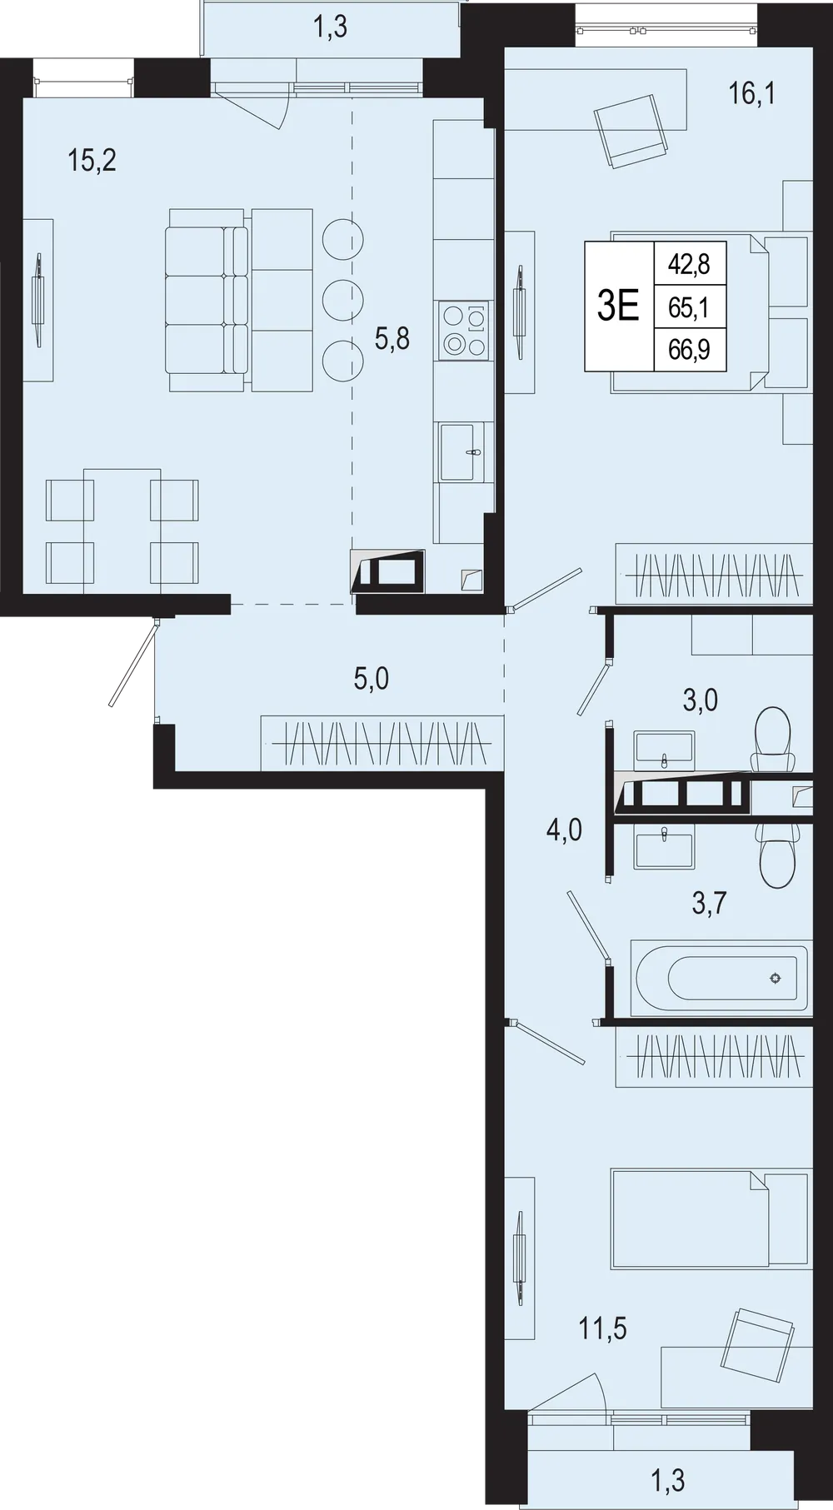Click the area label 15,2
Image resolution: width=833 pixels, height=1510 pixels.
pyautogui.click(x=92, y=160)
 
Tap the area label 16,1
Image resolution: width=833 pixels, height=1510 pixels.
pyautogui.click(x=751, y=95)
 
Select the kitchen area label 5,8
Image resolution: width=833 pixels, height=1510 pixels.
pyautogui.click(x=392, y=339)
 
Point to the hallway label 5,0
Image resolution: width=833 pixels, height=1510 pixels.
pyautogui.click(x=371, y=679)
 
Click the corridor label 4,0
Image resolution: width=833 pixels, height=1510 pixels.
pyautogui.click(x=563, y=830)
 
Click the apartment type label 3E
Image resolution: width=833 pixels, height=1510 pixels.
pyautogui.click(x=618, y=306)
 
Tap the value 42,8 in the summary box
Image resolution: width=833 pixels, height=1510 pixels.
pyautogui.click(x=689, y=264)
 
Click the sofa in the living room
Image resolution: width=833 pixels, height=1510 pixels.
pyautogui.click(x=208, y=300)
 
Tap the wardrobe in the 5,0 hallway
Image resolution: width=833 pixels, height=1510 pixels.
pyautogui.click(x=382, y=742)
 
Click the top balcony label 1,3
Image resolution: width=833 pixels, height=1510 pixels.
pyautogui.click(x=330, y=28)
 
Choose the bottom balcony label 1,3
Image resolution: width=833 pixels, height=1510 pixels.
pyautogui.click(x=667, y=1479)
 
